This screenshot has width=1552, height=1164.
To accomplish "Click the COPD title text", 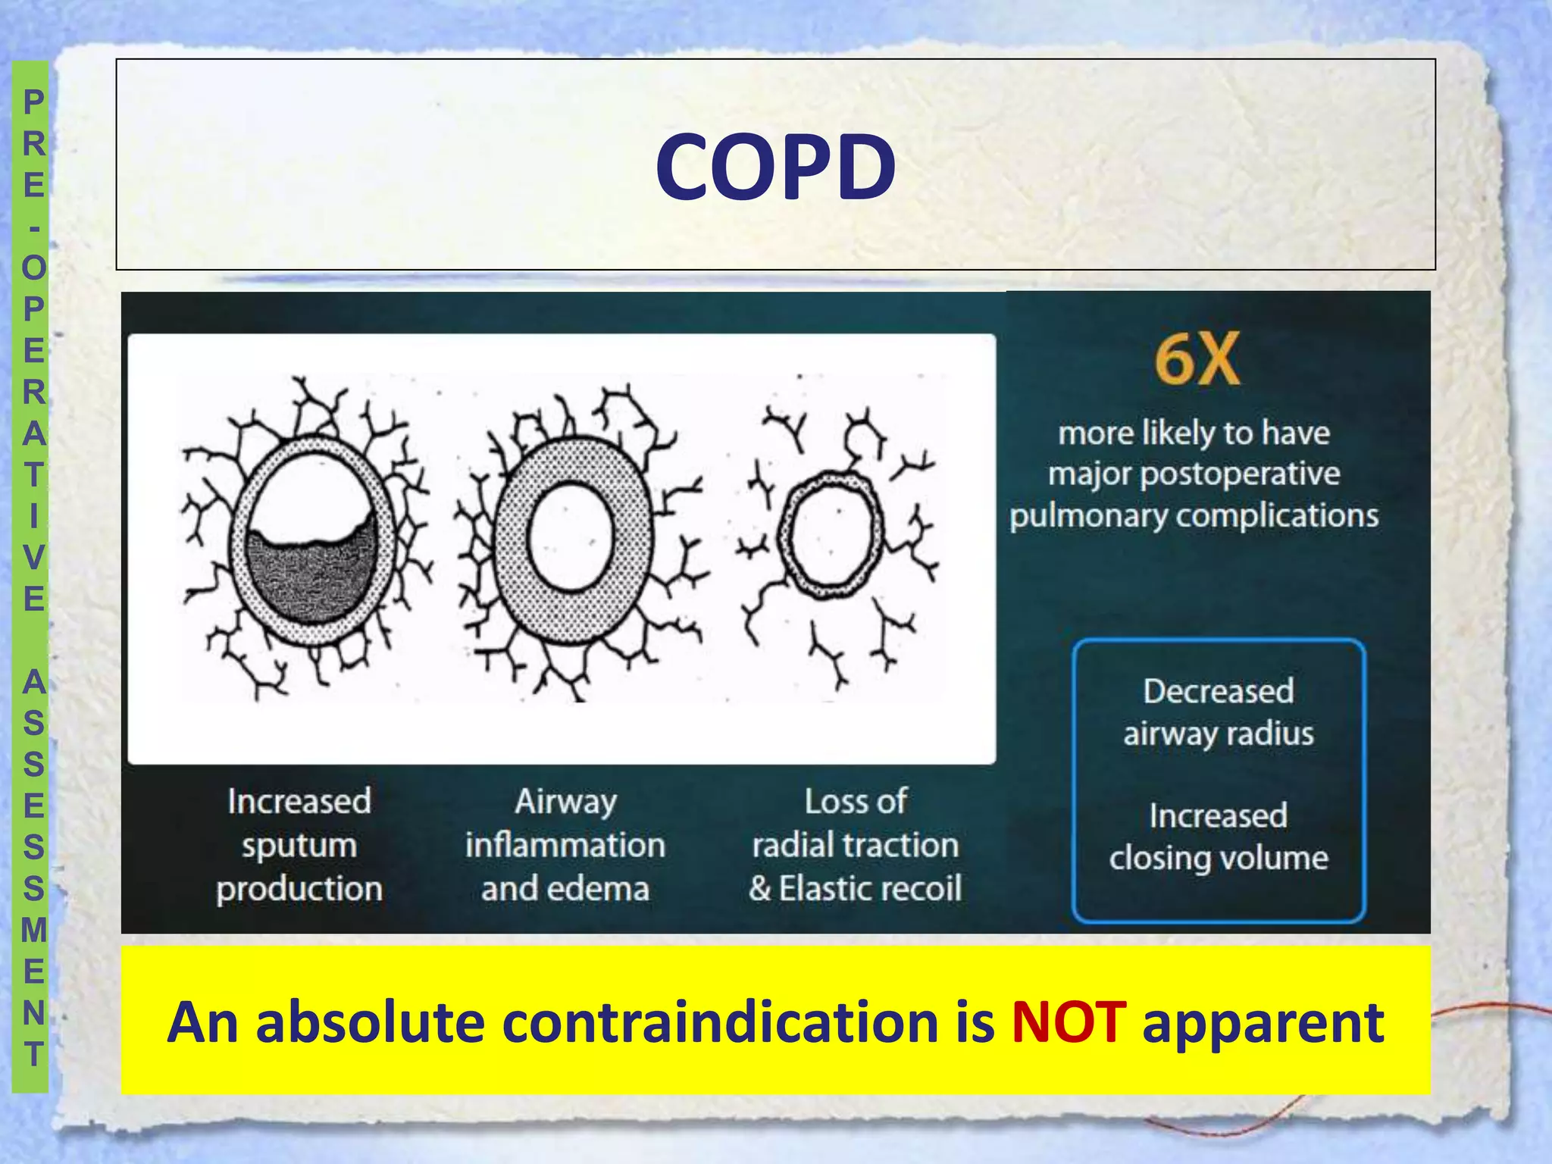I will click(x=775, y=167).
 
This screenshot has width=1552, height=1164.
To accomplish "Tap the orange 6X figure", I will click(x=1197, y=360).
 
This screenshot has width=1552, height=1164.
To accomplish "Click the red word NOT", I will click(x=1069, y=1022).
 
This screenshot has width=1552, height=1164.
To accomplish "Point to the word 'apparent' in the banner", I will click(x=1263, y=1022).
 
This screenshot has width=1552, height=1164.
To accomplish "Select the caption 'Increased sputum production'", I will click(x=299, y=845).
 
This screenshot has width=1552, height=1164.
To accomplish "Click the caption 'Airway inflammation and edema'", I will click(x=565, y=845).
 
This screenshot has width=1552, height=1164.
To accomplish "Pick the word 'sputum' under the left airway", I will click(x=299, y=846).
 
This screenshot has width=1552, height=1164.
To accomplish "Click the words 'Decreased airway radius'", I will click(x=1219, y=712).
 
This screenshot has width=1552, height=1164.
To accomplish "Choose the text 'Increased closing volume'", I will click(x=1219, y=837).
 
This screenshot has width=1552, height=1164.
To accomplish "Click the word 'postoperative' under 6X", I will click(x=1240, y=474).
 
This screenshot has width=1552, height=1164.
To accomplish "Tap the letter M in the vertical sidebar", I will click(x=33, y=930).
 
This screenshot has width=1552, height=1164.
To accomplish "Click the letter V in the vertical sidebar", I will click(x=33, y=558).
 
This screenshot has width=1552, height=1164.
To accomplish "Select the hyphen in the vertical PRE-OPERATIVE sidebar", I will click(x=33, y=227).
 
